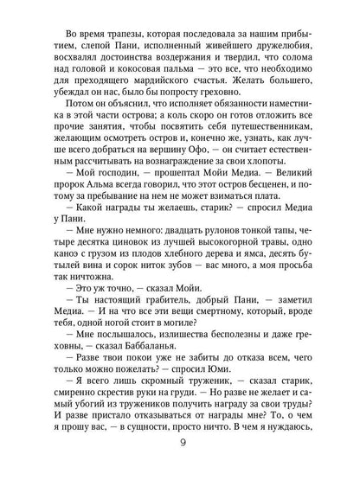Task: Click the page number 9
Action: click(180, 447)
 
